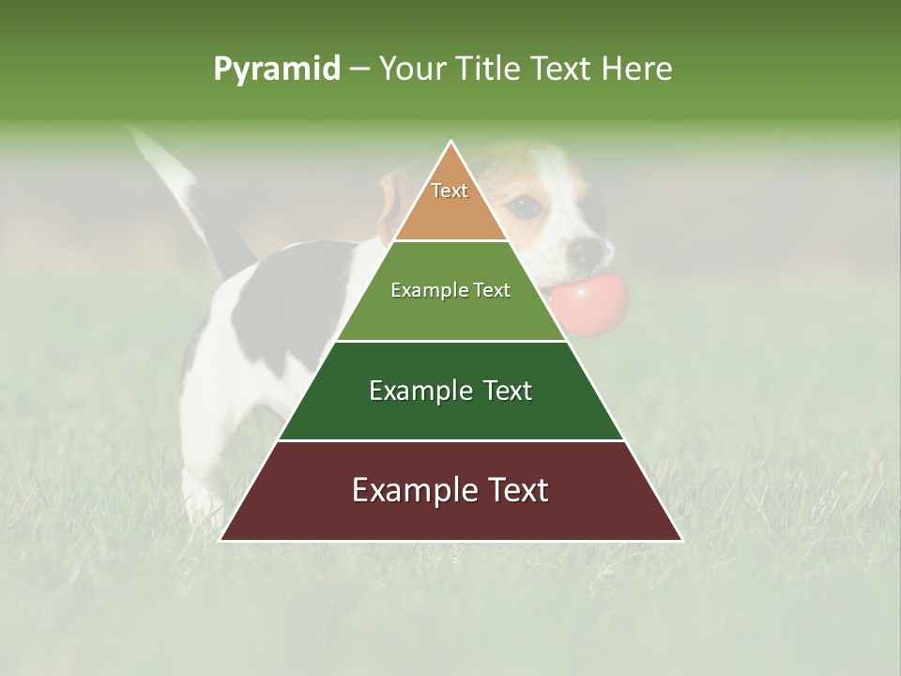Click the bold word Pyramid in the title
click(x=276, y=69)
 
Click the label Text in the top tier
click(x=450, y=191)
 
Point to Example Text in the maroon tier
click(x=450, y=490)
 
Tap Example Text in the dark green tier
click(x=450, y=391)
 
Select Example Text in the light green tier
click(x=450, y=290)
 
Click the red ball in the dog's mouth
click(x=589, y=300)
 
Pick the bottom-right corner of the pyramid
click(x=681, y=540)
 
